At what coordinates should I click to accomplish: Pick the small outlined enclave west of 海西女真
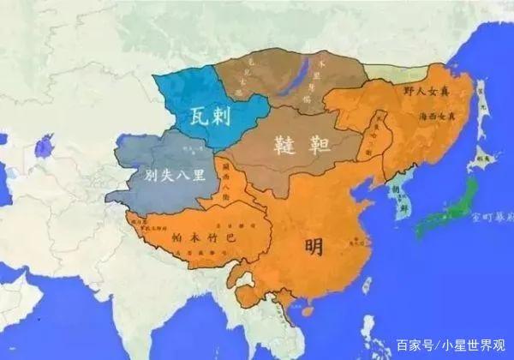374,137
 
